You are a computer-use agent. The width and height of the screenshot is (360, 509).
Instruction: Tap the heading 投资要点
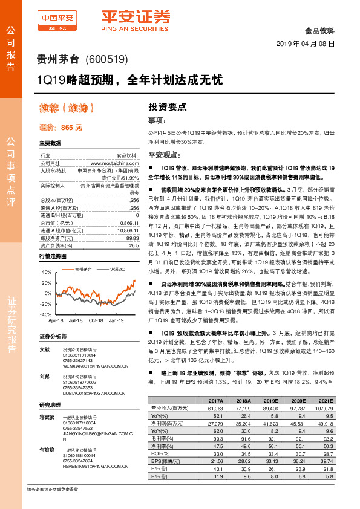[x=167, y=105]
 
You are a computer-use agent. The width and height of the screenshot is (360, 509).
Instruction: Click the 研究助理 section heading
[x=50, y=404]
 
